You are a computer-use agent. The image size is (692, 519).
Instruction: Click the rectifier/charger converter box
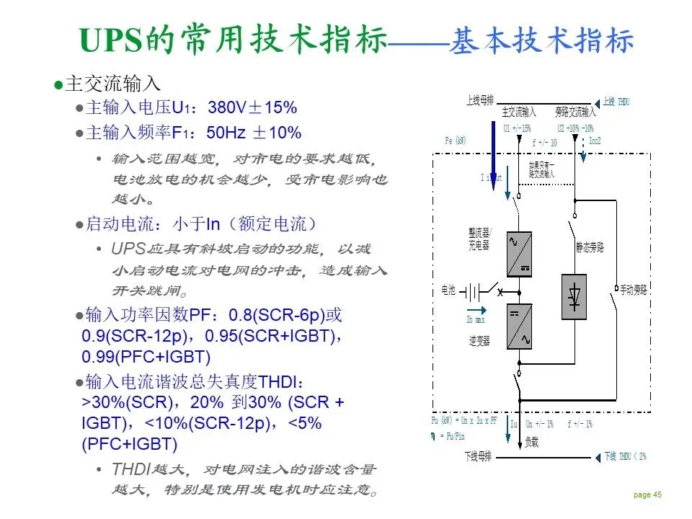click(x=519, y=254)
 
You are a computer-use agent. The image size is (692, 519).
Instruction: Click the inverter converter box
click(x=519, y=327)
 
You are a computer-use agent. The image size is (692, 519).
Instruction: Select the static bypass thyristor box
click(x=575, y=296)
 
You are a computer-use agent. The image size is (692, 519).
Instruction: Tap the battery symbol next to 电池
click(x=472, y=292)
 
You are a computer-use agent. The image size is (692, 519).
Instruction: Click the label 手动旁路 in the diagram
click(x=634, y=290)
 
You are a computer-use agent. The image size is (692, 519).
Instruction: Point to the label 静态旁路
click(x=589, y=247)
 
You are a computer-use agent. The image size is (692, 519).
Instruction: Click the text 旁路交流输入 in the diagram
click(x=575, y=112)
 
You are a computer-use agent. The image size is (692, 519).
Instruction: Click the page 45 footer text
click(x=647, y=494)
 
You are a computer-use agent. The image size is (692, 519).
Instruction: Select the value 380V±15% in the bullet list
click(x=252, y=109)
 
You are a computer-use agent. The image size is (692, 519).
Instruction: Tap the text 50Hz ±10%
click(x=254, y=133)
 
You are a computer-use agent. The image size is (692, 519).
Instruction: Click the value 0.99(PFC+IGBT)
click(x=146, y=356)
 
